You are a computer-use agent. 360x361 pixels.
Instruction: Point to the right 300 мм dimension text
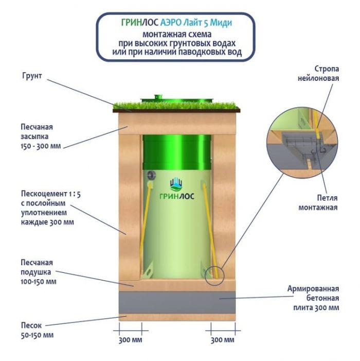click(223, 340)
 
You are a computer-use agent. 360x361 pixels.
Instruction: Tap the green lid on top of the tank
click(176, 98)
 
